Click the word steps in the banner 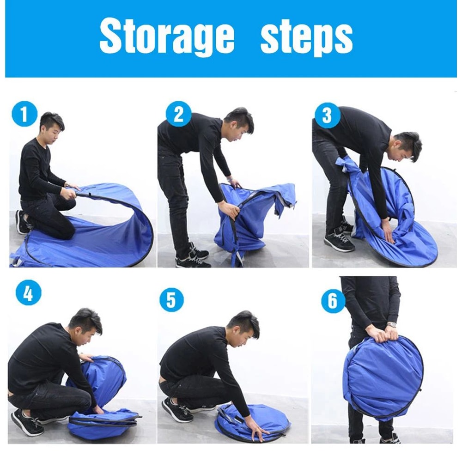point(307,38)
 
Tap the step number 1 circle point(24,114)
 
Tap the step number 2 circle point(178,114)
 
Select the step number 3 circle point(328,115)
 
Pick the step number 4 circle point(28,292)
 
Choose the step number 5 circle point(171,300)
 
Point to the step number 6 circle point(333,301)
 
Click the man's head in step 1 point(51,128)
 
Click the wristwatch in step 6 point(391,325)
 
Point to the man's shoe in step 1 point(22,222)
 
